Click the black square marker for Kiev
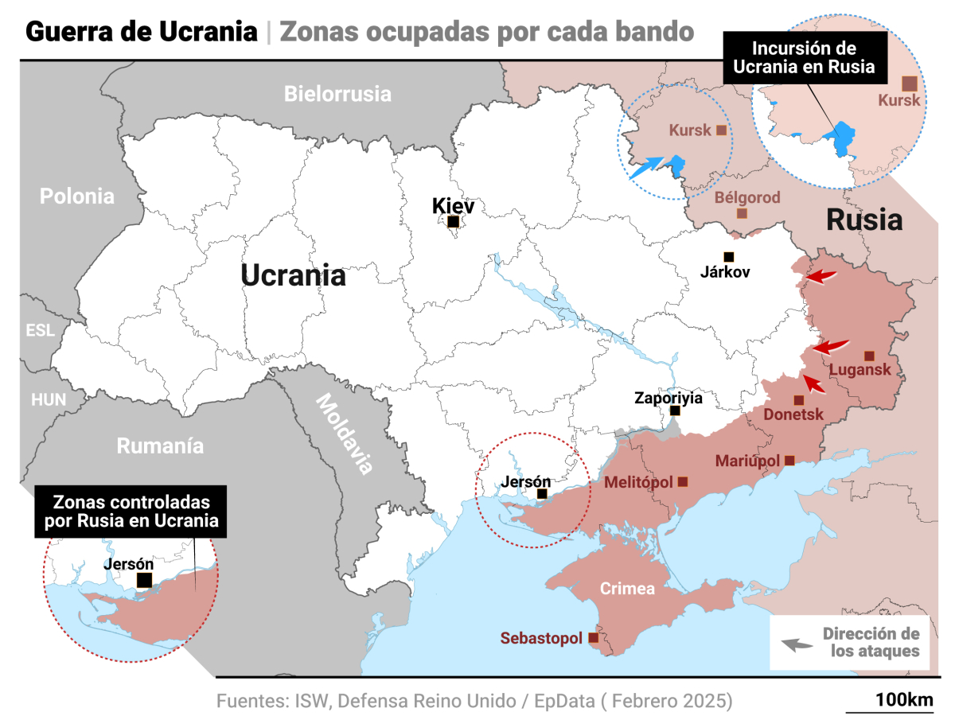coord(453,222)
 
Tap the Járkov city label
coord(725,271)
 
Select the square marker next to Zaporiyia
coord(675,411)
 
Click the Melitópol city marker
coord(683,481)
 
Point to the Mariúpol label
coord(748,461)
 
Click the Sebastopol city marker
coord(593,638)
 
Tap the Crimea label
coord(627,589)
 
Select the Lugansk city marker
coord(869,356)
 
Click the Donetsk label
coord(793,414)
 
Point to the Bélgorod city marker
coord(742,213)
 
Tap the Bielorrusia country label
coord(338,94)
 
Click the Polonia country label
coord(77,196)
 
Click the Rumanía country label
coord(160,446)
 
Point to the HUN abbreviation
coord(49,400)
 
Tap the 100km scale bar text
coord(903,700)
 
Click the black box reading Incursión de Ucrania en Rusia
coord(803,58)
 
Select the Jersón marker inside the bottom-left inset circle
coord(144,580)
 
